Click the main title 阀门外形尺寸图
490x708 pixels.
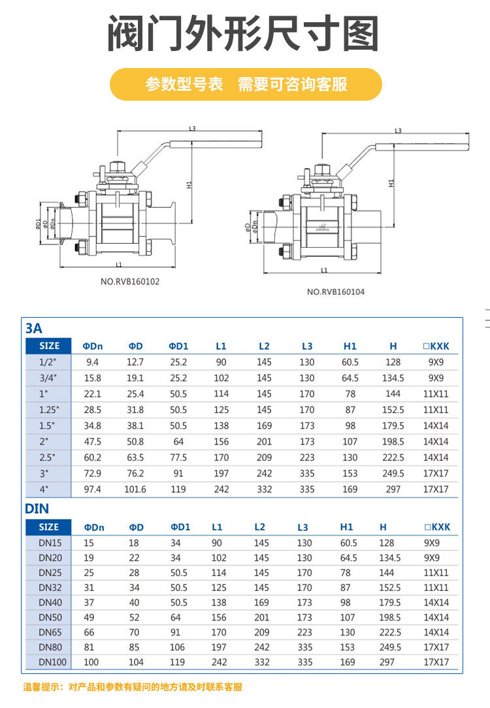(243, 34)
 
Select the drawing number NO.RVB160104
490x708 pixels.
(336, 292)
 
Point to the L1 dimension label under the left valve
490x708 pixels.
(118, 265)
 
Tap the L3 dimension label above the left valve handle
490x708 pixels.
(192, 128)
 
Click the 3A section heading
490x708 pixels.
(34, 328)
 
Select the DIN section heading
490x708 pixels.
(37, 508)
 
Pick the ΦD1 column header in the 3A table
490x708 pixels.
(178, 346)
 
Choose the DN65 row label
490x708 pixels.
(50, 632)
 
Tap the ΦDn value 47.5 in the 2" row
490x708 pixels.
(93, 441)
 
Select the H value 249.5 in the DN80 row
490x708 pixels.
(391, 647)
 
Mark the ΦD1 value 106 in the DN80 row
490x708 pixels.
(178, 647)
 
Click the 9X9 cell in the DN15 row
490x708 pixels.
(432, 543)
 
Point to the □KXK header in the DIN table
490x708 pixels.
(437, 527)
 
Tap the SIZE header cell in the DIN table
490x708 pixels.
(49, 527)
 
